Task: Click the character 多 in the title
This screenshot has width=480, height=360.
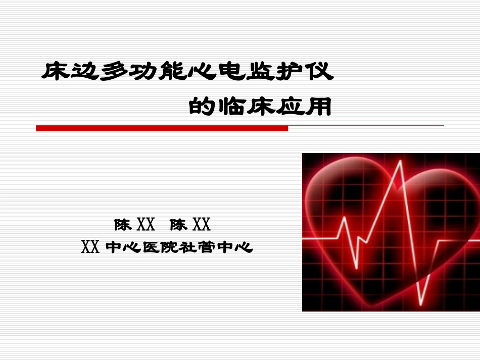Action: [x=116, y=72]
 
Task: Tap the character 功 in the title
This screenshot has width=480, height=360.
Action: [x=146, y=72]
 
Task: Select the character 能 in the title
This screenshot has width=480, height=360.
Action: [x=174, y=72]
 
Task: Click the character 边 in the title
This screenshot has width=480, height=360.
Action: [x=86, y=72]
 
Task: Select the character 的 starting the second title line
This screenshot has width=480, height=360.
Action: [x=202, y=107]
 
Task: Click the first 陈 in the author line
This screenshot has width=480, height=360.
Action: [x=123, y=224]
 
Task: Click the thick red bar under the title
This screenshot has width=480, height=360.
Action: [x=162, y=129]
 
